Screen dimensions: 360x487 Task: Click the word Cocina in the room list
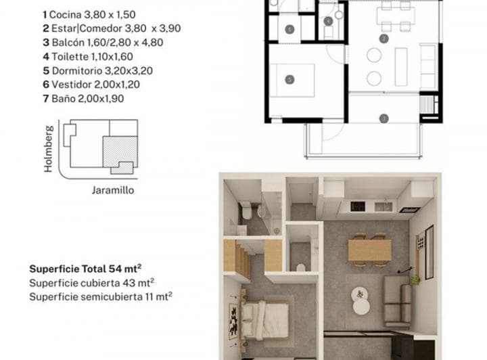tap(62, 14)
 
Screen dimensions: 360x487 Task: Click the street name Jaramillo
tap(112, 190)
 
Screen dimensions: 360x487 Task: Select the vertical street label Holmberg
tap(48, 148)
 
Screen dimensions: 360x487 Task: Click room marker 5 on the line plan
tap(290, 80)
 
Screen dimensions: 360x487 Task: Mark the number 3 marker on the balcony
tap(384, 118)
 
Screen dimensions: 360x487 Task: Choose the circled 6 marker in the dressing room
tap(289, 29)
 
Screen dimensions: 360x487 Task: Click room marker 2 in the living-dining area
tap(384, 39)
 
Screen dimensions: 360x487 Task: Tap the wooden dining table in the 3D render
tap(369, 250)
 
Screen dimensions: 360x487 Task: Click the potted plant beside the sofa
tap(415, 279)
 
